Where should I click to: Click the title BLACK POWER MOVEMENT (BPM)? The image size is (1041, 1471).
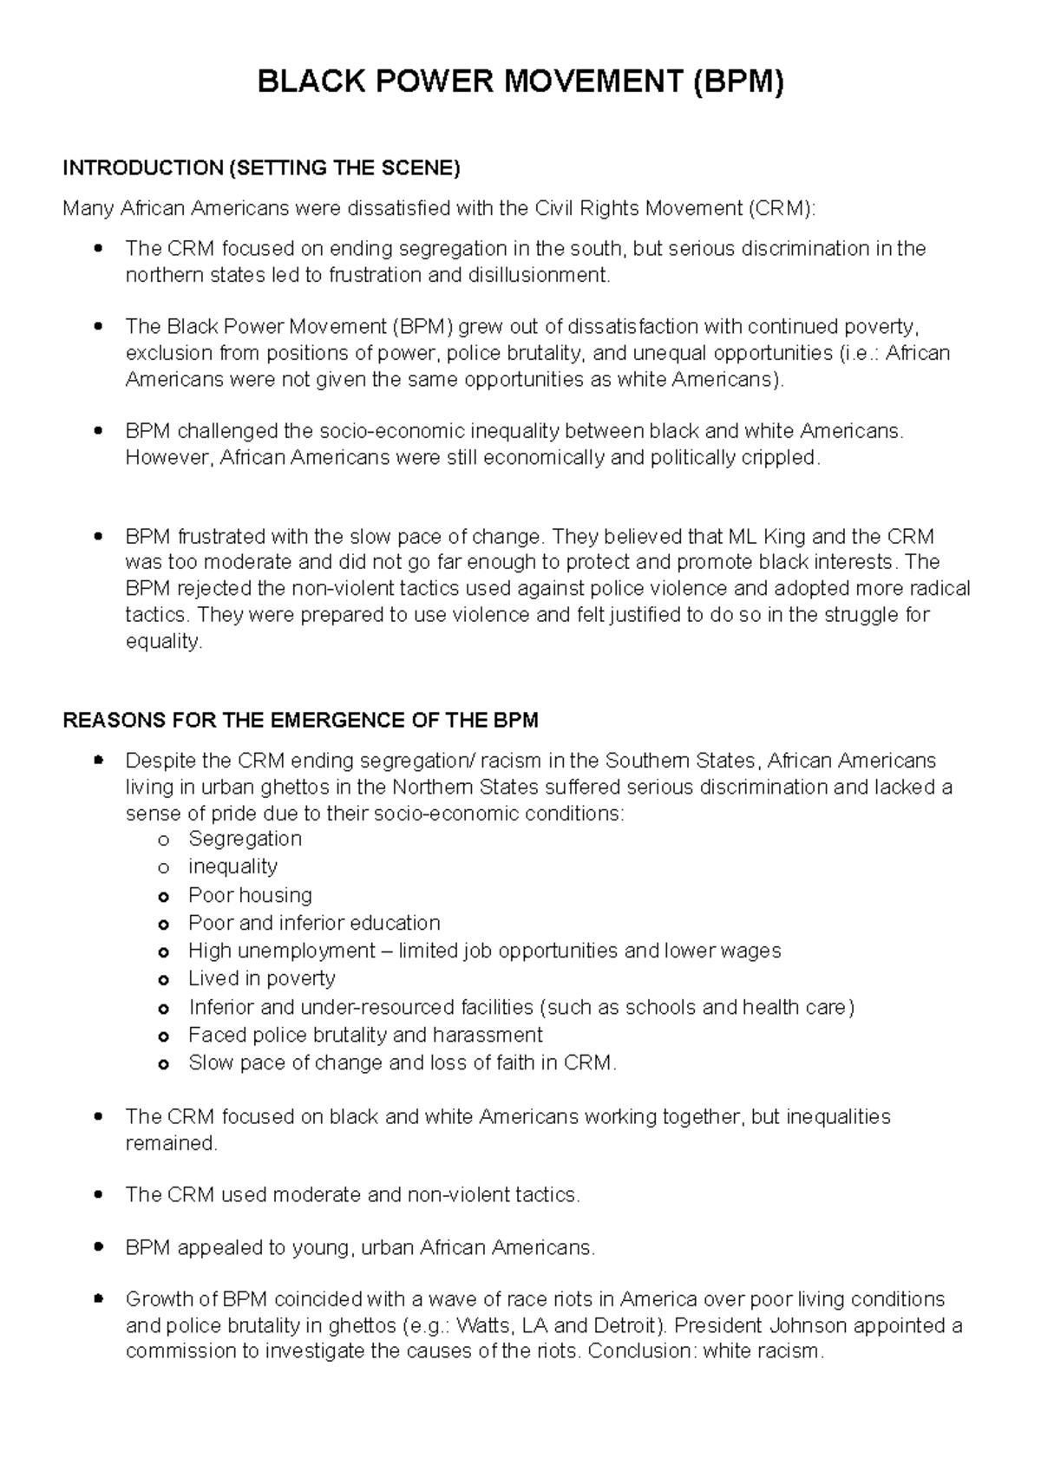[x=520, y=83]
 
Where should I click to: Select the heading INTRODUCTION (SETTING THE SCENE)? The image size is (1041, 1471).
[x=261, y=168]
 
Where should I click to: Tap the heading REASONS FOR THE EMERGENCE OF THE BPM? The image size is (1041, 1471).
[x=300, y=721]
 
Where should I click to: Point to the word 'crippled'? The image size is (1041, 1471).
[x=778, y=458]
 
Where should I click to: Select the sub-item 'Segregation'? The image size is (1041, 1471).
[x=245, y=839]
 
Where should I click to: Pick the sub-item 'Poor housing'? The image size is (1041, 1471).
[x=250, y=895]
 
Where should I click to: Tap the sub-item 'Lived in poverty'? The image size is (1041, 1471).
[x=261, y=978]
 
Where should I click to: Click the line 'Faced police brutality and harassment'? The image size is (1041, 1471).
[x=365, y=1035]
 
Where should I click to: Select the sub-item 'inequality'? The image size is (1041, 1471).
[x=232, y=866]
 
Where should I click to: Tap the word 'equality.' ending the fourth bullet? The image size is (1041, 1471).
[x=164, y=642]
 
